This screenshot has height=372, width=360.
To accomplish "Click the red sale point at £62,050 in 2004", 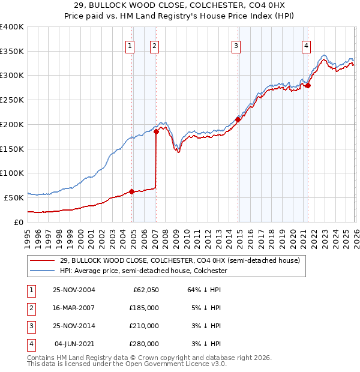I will point(132,192).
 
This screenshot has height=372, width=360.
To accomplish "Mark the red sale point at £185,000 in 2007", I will point(156,131).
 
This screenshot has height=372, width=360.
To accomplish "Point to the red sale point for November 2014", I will point(238,119).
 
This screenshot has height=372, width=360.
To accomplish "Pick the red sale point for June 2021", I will point(308,85).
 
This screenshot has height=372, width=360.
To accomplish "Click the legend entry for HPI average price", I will point(142,271).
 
